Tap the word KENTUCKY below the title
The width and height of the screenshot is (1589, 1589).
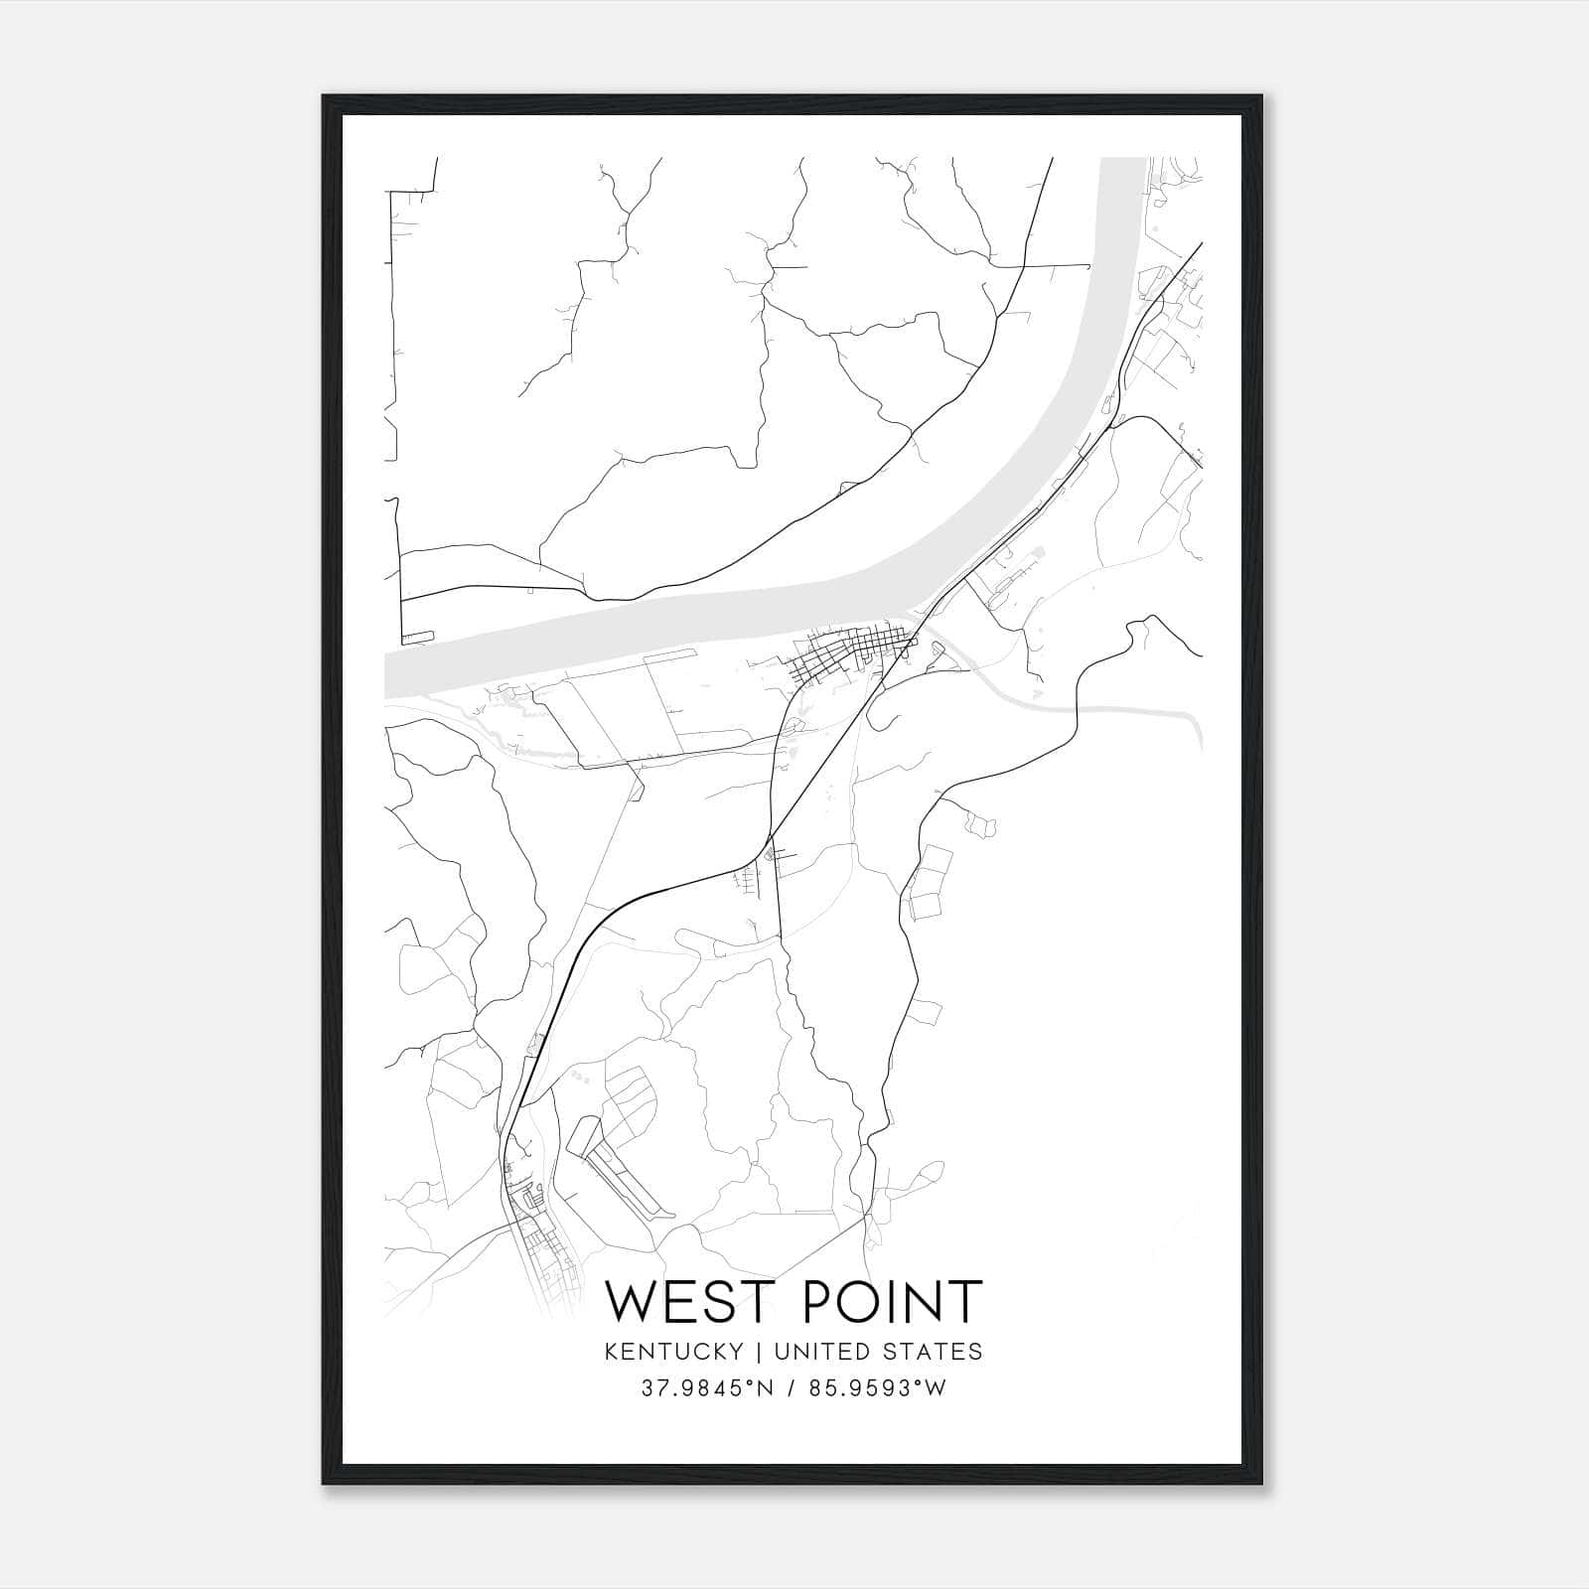(x=672, y=1351)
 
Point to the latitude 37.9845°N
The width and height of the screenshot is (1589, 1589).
(x=706, y=1388)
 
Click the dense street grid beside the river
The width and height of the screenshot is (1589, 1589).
(x=844, y=655)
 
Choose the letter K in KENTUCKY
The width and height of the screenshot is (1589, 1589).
(x=608, y=1351)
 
